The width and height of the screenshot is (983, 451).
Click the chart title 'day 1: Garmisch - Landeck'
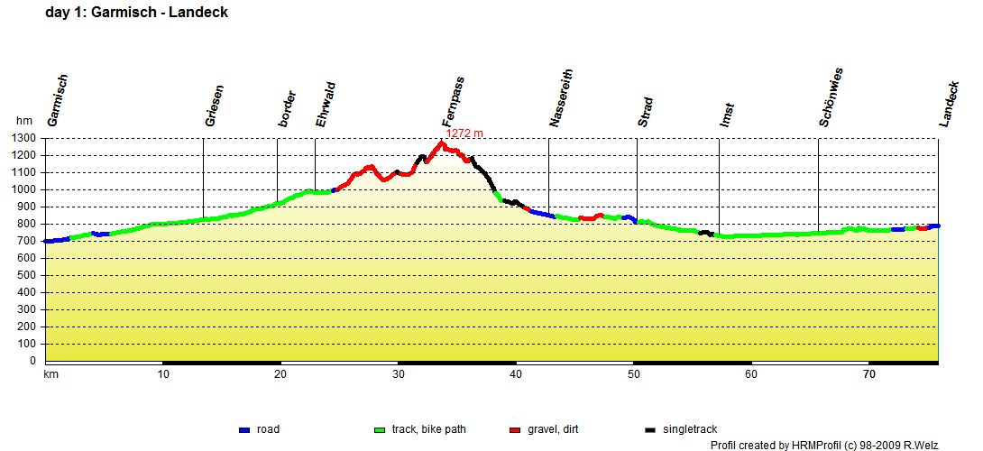point(136,13)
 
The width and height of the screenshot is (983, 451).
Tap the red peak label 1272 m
point(464,133)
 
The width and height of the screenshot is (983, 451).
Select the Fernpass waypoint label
point(454,102)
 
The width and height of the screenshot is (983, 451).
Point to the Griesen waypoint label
point(215,106)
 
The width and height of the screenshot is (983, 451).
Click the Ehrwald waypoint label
point(326,104)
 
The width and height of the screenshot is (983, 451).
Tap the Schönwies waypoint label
point(831,97)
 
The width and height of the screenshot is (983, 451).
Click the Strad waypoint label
point(646,112)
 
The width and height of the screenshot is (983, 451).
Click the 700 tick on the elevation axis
point(27,242)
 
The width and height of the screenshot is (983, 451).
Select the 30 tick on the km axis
point(398,374)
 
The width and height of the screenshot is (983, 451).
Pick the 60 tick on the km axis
point(751,374)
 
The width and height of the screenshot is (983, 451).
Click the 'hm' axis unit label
point(24,121)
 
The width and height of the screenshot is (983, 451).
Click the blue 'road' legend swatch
point(244,430)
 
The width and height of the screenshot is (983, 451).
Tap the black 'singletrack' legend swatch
point(651,430)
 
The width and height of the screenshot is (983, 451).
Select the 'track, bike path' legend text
point(429,429)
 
